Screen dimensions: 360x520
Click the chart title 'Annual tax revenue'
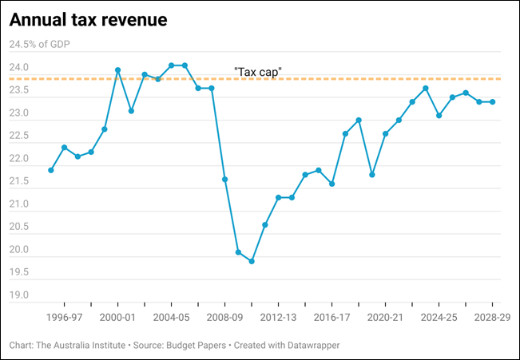pyautogui.click(x=88, y=20)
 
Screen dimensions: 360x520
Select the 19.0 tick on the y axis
pyautogui.click(x=18, y=295)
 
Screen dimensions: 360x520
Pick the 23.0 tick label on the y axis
pyautogui.click(x=18, y=114)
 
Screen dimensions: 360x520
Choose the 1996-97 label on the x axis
pyautogui.click(x=65, y=317)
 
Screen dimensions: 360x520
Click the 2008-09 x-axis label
pyautogui.click(x=225, y=317)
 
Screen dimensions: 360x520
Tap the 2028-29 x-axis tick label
pyautogui.click(x=492, y=317)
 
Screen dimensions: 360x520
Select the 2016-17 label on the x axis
pyautogui.click(x=332, y=317)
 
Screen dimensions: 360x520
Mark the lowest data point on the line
pyautogui.click(x=252, y=261)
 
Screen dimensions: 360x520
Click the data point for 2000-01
pyautogui.click(x=118, y=70)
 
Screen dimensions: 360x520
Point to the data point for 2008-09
pyautogui.click(x=225, y=179)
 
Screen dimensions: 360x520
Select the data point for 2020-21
pyautogui.click(x=385, y=133)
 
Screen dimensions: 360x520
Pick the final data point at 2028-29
pyautogui.click(x=492, y=102)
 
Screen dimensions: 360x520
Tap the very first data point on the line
pyautogui.click(x=51, y=170)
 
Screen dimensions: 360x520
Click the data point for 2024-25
pyautogui.click(x=439, y=116)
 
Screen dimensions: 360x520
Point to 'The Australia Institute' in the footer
pyautogui.click(x=82, y=346)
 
